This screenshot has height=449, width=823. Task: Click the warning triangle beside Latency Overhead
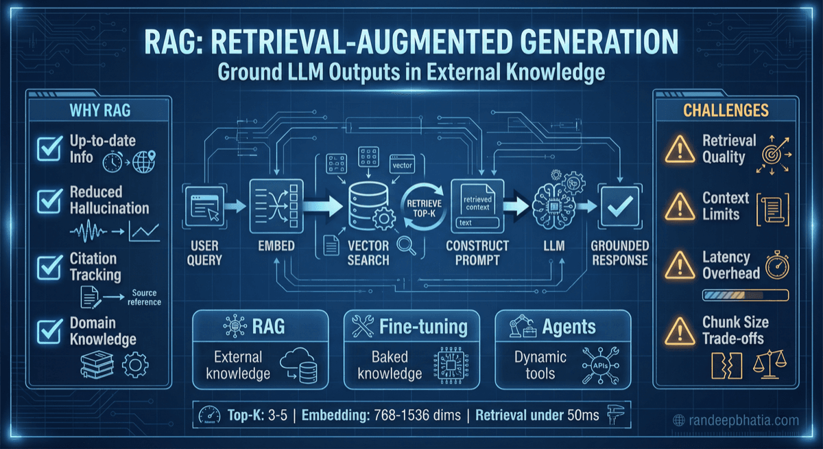pos(678,265)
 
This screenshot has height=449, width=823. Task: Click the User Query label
pos(204,252)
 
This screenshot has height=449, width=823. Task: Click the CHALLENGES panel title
pos(726,110)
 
